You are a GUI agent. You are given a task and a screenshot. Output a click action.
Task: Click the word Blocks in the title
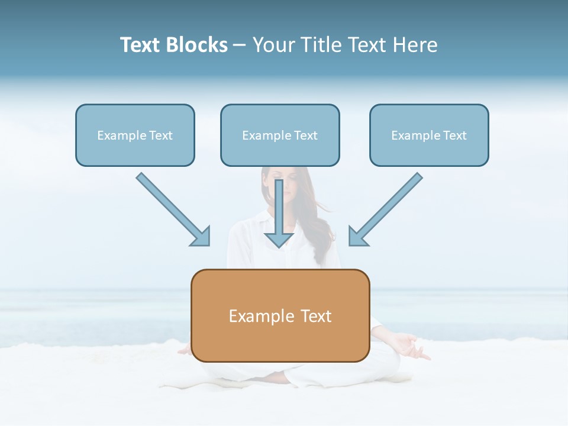(x=197, y=45)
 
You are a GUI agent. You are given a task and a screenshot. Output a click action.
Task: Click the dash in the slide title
(x=240, y=45)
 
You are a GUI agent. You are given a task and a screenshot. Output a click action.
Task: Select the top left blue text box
(x=135, y=135)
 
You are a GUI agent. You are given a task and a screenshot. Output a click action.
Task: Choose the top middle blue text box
(x=280, y=135)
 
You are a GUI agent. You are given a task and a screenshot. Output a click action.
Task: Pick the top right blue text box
(x=429, y=135)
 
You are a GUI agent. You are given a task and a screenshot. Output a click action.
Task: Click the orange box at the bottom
(x=280, y=315)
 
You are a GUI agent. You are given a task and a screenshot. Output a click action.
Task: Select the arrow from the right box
(x=388, y=207)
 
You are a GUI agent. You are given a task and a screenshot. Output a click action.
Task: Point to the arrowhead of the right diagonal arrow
(x=357, y=237)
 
